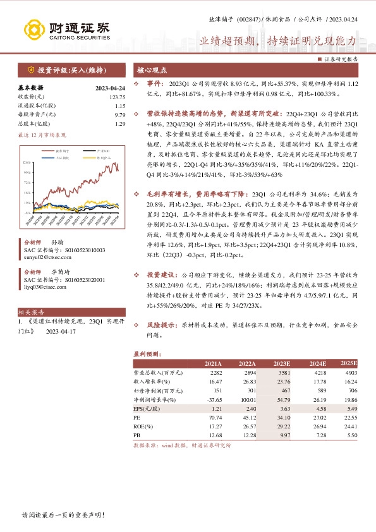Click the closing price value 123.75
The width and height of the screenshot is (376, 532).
pos(118,97)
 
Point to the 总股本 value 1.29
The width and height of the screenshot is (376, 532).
pos(121,124)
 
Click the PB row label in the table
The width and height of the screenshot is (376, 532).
pos(137,435)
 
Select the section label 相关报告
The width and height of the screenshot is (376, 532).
pos(31,313)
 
